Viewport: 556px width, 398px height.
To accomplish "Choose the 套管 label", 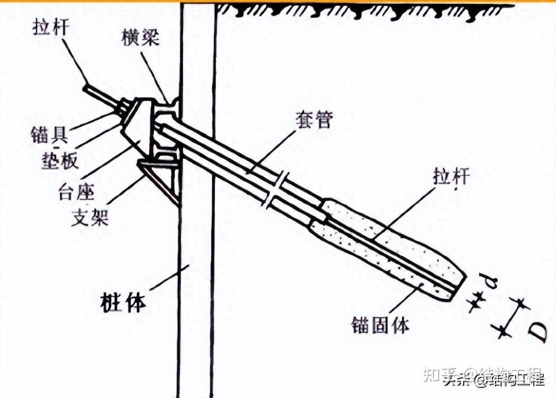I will click(x=314, y=120).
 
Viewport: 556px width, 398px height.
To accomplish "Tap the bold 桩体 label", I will click(x=123, y=303).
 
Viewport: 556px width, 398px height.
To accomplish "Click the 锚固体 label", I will click(x=380, y=324).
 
